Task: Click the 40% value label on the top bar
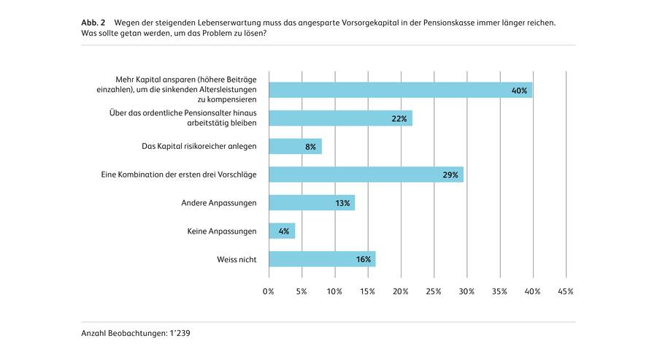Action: (x=519, y=91)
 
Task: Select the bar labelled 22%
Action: (x=340, y=118)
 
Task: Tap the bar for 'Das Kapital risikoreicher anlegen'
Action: (x=295, y=147)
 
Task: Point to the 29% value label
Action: (x=450, y=175)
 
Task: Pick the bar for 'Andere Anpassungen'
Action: (x=312, y=203)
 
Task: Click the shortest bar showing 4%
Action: (x=282, y=231)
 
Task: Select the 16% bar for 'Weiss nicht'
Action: (x=322, y=259)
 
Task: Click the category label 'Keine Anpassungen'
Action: (x=222, y=231)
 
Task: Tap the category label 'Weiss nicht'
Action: (x=237, y=259)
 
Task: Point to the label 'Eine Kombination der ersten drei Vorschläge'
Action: (x=178, y=175)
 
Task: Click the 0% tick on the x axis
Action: (x=269, y=292)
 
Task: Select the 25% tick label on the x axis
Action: (x=434, y=292)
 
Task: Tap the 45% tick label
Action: (x=566, y=292)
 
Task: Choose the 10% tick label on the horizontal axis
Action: (x=334, y=292)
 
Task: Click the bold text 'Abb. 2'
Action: (x=93, y=23)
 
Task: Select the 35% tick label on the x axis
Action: (x=500, y=292)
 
